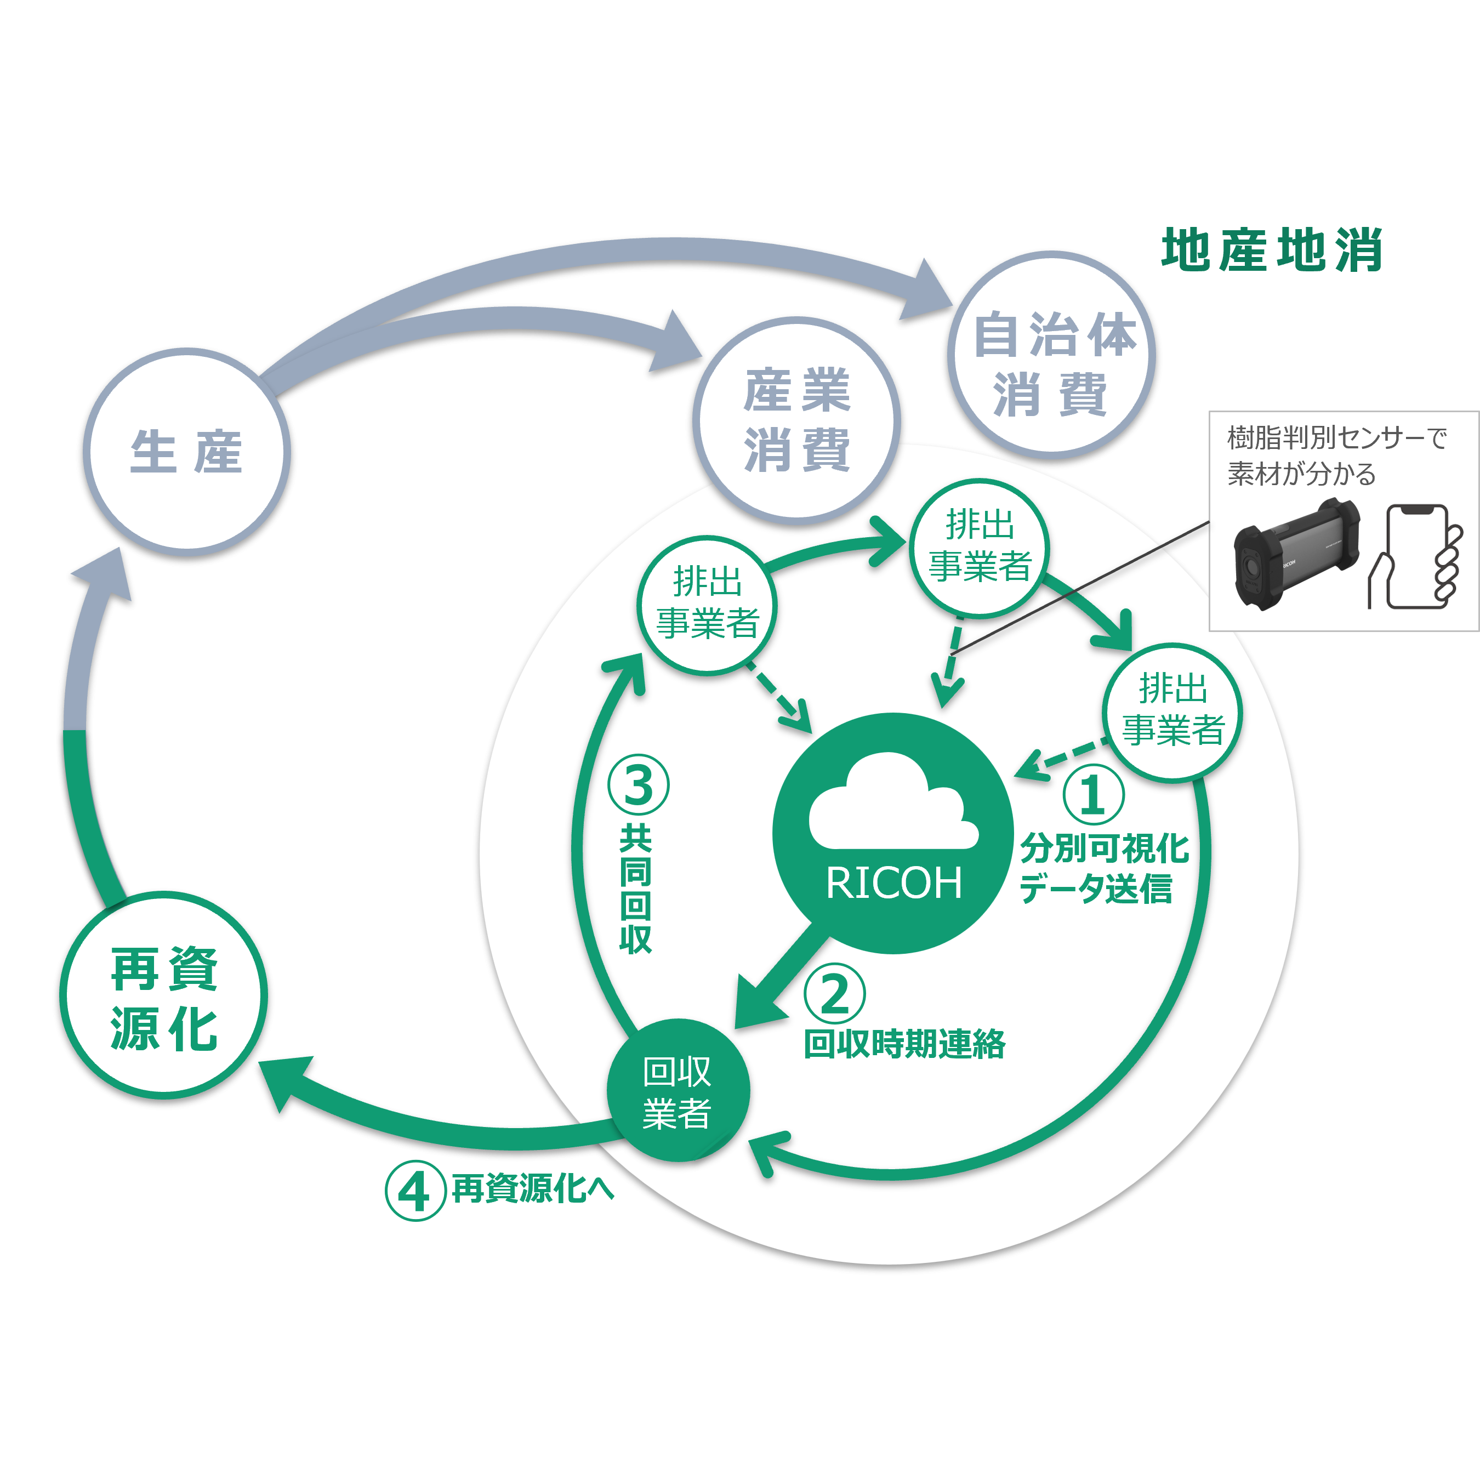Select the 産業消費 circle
(x=796, y=420)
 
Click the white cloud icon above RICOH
(x=892, y=804)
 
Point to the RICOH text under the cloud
(x=893, y=883)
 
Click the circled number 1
(x=1093, y=794)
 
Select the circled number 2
(x=834, y=994)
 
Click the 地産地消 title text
(x=1272, y=250)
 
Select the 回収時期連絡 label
(x=904, y=1043)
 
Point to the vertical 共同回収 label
(x=636, y=889)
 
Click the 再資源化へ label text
(x=532, y=1189)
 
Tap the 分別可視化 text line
(x=1104, y=848)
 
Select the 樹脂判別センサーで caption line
(x=1337, y=438)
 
